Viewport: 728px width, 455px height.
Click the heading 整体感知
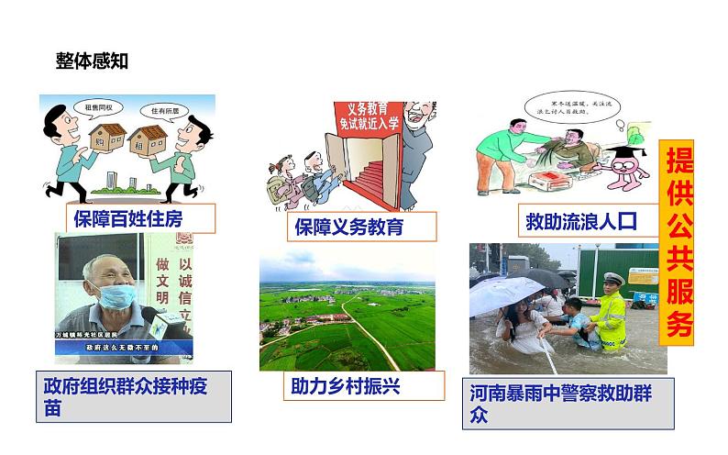[92, 61]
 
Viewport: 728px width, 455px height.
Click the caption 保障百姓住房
[128, 218]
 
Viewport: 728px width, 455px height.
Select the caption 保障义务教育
[349, 227]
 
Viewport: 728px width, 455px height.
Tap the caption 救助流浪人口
[580, 221]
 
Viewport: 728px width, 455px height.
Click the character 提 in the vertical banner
[679, 163]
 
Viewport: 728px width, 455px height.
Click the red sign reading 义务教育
[363, 120]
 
